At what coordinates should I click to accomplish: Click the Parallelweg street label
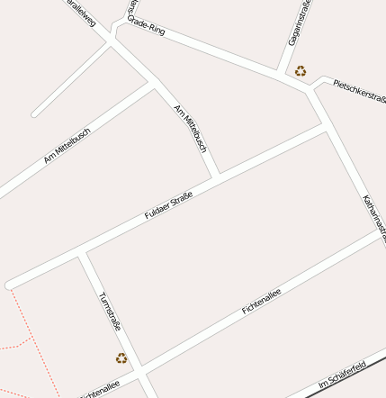pos(82,13)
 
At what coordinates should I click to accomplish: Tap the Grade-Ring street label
pos(146,25)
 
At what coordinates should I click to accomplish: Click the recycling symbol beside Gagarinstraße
pos(300,70)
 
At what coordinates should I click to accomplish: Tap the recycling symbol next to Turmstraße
pos(121,357)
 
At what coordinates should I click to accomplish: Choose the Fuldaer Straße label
pos(169,203)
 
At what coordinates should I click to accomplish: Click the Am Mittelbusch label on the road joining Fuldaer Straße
pos(192,129)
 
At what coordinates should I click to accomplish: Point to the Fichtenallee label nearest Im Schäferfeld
pos(262,301)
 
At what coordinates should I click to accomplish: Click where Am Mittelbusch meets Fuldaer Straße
pos(217,175)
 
